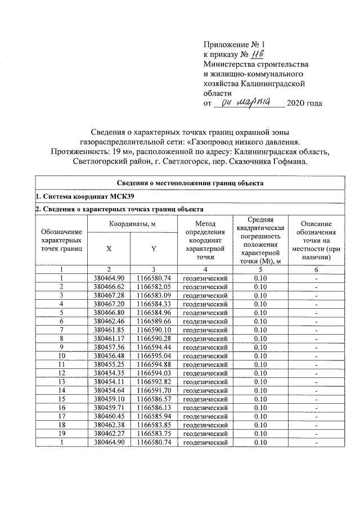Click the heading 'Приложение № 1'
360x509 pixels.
pyautogui.click(x=233, y=44)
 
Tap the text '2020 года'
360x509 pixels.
pyautogui.click(x=305, y=103)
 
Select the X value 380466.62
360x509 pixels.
pyautogui.click(x=109, y=286)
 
